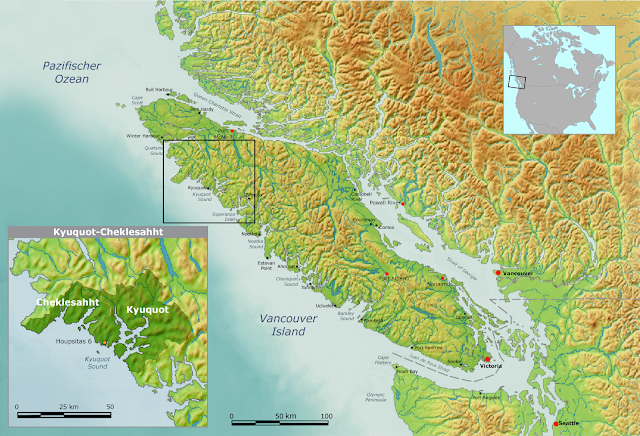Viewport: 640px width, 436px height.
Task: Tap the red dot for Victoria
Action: coord(487,359)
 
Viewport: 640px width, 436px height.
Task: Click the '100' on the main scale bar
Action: coord(326,414)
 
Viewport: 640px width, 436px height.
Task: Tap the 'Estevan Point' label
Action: coord(263,266)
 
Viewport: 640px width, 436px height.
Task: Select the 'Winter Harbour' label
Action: coord(141,136)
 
